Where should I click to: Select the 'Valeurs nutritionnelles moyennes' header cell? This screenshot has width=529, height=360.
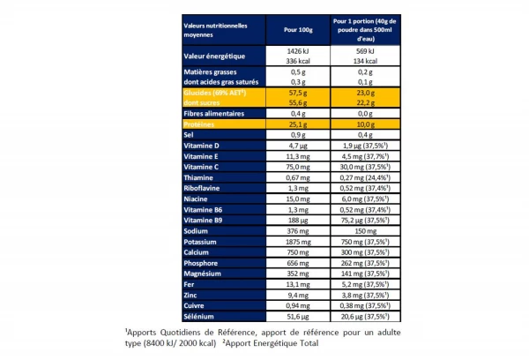coord(220,30)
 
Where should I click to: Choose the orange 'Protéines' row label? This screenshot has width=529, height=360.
coord(202,125)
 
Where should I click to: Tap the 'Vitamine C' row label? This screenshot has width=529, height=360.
coord(204,165)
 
